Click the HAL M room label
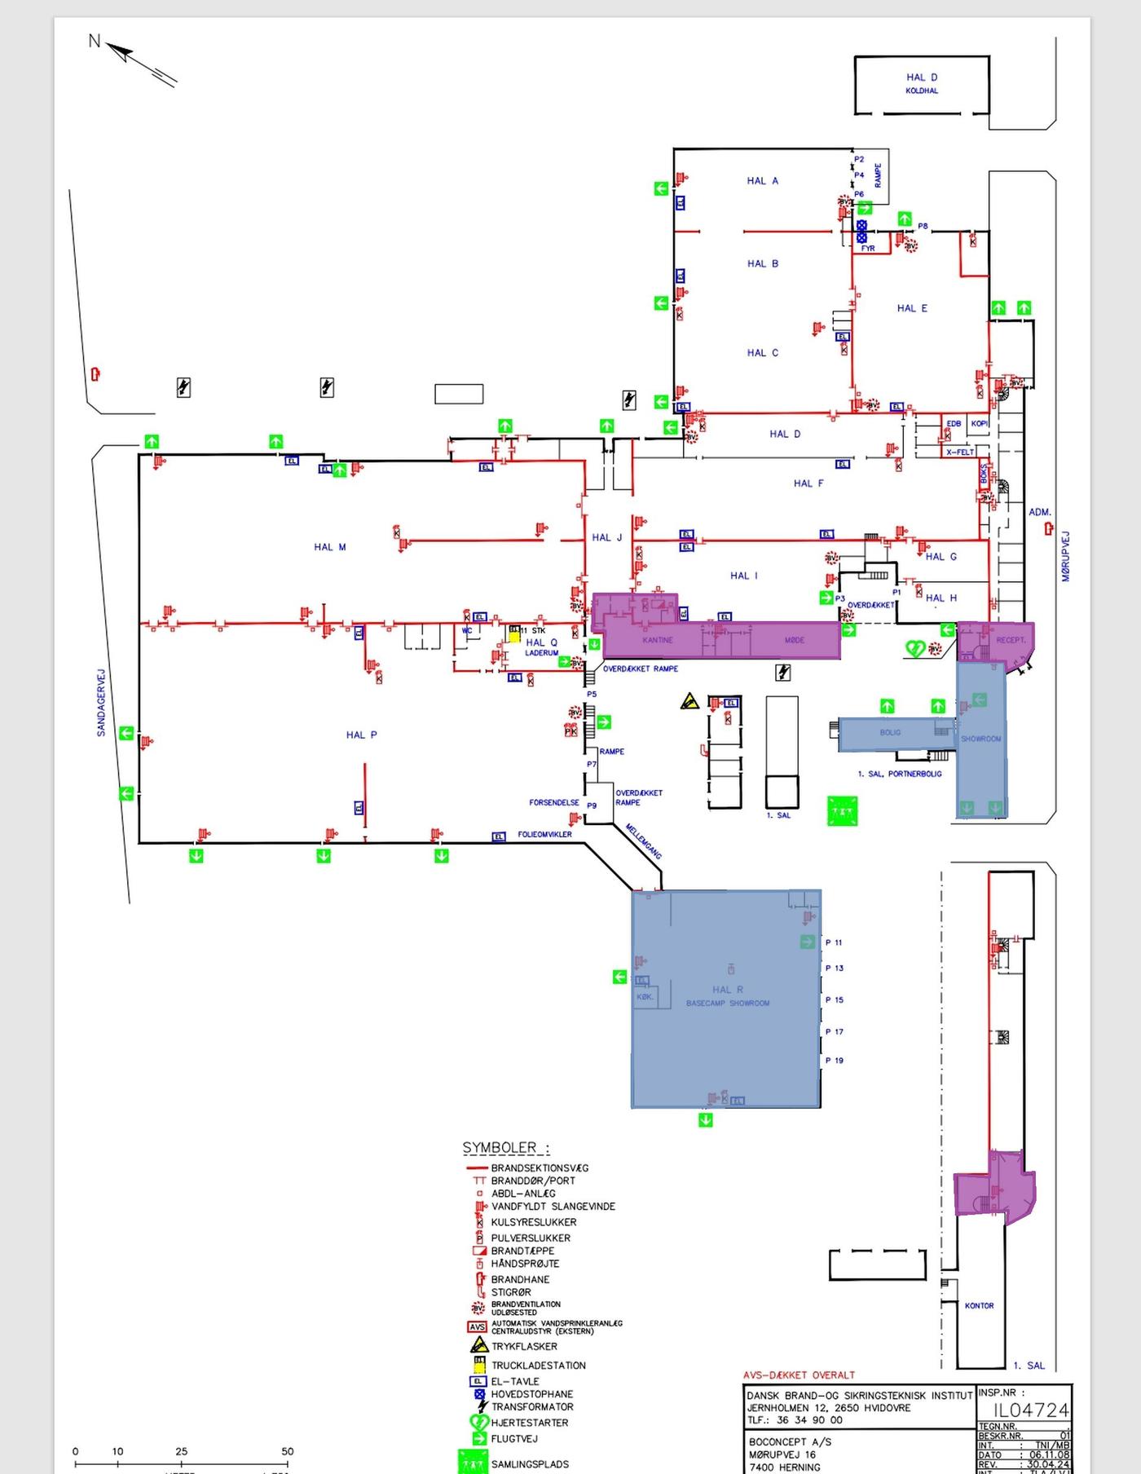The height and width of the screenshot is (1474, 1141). [330, 547]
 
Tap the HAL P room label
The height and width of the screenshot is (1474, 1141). [361, 735]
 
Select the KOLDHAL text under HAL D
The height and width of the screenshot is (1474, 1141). [922, 91]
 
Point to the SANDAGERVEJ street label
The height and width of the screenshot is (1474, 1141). [102, 703]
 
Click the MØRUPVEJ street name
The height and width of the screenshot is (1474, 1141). [1066, 557]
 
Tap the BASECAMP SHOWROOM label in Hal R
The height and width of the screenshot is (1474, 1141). [727, 1003]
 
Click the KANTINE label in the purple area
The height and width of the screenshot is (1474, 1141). [658, 640]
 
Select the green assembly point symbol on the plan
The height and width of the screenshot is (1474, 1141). [843, 811]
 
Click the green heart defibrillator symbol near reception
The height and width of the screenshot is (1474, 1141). [915, 649]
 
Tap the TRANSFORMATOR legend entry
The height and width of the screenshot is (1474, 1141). [531, 1406]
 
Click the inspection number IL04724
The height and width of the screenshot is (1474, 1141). [1030, 1410]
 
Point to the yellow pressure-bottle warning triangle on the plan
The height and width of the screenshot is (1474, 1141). [690, 701]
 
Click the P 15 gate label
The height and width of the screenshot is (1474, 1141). [834, 1000]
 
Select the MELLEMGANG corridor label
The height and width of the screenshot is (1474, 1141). [644, 841]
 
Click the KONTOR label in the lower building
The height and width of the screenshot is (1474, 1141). [979, 1305]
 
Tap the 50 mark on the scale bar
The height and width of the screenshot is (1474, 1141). [287, 1451]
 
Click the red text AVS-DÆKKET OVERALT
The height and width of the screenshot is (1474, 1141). [799, 1375]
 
